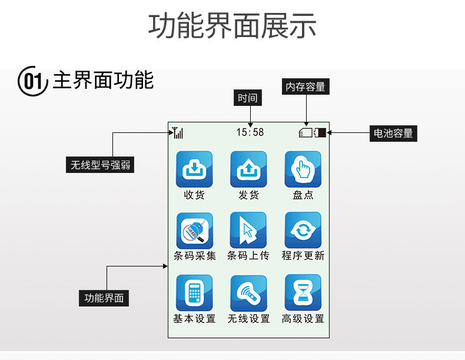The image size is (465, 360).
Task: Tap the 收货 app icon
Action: click(194, 169)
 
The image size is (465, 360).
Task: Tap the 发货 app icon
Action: click(248, 169)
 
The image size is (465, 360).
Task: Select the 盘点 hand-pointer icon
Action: click(303, 169)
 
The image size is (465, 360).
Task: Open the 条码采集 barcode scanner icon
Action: click(194, 231)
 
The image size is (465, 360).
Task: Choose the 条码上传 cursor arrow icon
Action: click(248, 231)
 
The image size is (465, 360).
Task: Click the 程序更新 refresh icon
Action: click(303, 231)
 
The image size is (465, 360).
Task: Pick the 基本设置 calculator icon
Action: click(194, 292)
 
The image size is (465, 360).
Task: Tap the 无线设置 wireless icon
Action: click(248, 292)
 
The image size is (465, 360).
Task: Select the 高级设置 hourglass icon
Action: click(303, 292)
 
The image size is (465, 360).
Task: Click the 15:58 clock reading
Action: click(250, 132)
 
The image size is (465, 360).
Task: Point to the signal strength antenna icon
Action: click(177, 133)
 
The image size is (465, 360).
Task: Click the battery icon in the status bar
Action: click(321, 133)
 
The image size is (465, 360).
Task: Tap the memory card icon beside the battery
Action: click(306, 133)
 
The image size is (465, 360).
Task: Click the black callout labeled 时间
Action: click(248, 98)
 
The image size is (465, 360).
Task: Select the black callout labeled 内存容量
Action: click(305, 87)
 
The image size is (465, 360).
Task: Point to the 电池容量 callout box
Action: click(393, 134)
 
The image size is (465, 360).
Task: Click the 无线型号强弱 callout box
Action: click(100, 165)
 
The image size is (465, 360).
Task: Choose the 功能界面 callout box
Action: click(104, 298)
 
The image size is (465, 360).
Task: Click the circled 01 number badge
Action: click(33, 81)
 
